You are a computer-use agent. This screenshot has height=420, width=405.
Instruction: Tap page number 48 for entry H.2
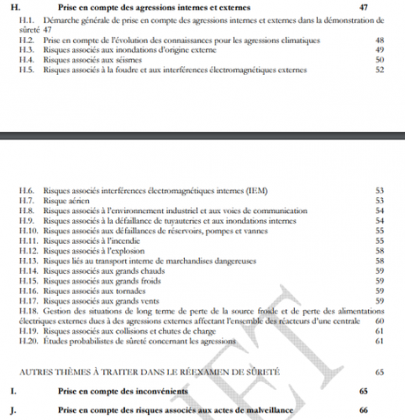[x=379, y=41]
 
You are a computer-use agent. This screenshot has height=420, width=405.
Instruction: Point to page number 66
[x=363, y=410]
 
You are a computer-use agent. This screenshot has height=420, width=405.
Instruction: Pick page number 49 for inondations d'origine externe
[x=379, y=50]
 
